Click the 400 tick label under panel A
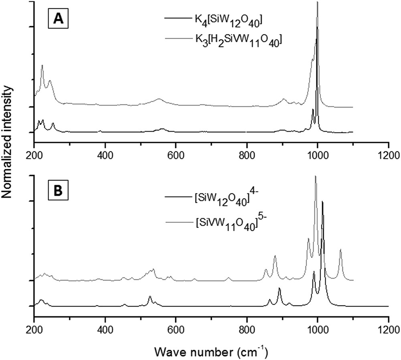tap(105, 155)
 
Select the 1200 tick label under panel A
tap(388, 155)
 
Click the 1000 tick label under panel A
tap(317, 155)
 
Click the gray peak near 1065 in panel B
tap(340, 250)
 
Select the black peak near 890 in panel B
tap(279, 289)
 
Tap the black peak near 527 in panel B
tap(150, 297)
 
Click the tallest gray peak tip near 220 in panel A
tap(42, 65)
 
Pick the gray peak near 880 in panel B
tap(275, 256)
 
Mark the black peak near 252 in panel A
tap(53, 124)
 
